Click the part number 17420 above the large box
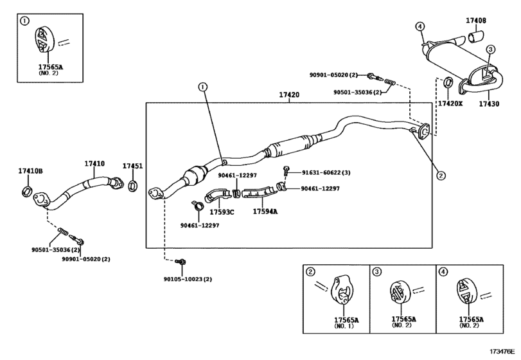289,94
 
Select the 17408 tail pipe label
476,21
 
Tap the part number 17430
489,104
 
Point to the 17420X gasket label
450,104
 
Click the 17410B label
30,171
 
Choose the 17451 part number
132,166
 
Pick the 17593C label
222,212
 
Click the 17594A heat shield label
265,211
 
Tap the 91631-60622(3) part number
326,172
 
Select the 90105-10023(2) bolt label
188,279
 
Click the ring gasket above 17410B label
27,191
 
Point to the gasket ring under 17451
132,186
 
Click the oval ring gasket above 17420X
448,82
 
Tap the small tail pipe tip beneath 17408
476,36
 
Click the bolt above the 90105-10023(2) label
181,262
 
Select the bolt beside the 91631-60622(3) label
286,170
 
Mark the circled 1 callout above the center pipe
203,87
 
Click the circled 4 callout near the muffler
419,26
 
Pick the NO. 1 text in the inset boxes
344,326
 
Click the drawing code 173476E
502,352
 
